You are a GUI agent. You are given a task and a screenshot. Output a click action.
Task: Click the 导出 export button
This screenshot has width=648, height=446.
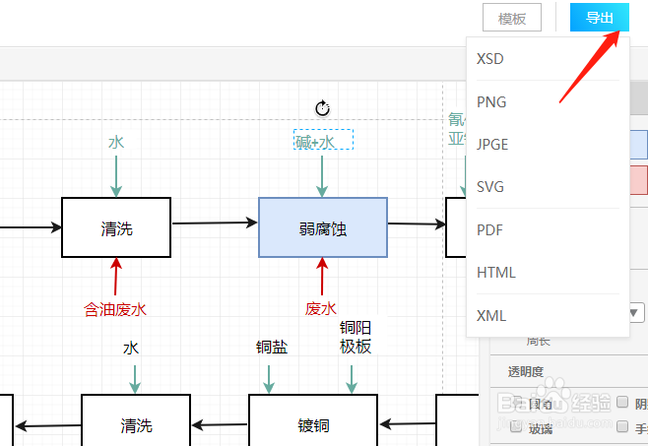tap(600, 18)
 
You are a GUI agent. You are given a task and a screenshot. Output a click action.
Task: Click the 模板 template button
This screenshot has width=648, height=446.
tap(512, 19)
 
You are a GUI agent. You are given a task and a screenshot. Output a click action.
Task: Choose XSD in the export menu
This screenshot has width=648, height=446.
tap(490, 59)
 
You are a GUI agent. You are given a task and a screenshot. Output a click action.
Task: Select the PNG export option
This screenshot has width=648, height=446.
tap(490, 101)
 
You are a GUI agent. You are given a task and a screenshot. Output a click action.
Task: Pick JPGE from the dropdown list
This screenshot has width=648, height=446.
tap(492, 144)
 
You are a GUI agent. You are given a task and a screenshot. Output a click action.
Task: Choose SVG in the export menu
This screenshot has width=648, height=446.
tap(490, 187)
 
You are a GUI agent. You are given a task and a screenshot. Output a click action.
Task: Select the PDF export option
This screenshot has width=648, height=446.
tap(489, 229)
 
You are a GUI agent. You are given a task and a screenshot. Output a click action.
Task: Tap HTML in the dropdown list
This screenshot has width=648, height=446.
tap(495, 272)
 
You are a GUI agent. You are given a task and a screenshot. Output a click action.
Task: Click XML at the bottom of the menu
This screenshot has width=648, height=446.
tap(490, 315)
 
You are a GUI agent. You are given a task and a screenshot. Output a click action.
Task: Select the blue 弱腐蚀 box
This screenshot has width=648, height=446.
tap(322, 228)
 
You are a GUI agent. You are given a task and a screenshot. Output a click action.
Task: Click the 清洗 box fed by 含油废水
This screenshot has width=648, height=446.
tap(116, 228)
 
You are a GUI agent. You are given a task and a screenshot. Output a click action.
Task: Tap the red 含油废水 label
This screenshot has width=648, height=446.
tap(115, 309)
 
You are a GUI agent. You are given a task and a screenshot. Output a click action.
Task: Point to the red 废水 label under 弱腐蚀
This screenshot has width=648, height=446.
tap(321, 309)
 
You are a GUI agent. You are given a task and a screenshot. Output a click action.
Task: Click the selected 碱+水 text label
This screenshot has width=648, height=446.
tap(322, 143)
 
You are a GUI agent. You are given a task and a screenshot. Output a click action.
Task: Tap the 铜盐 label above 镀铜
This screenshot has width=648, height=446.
tap(271, 348)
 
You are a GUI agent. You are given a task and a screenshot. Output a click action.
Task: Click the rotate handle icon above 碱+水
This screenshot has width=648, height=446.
tap(322, 108)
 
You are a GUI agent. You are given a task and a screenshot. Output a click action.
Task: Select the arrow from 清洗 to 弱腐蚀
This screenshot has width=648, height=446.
tap(214, 224)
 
